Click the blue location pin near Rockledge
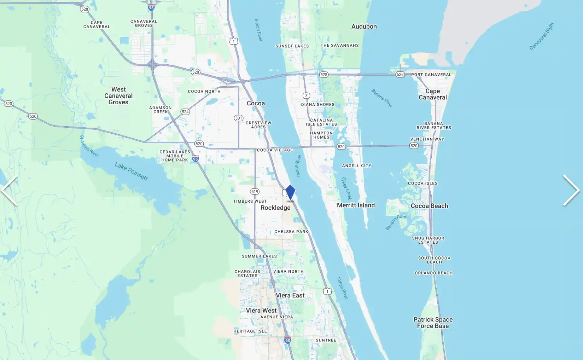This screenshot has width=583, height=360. click(x=290, y=192)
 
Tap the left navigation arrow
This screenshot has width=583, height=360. click(x=9, y=191)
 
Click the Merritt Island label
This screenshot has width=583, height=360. click(x=356, y=205)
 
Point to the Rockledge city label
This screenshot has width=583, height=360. click(x=275, y=208)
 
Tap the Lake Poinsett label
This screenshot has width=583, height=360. click(x=131, y=172)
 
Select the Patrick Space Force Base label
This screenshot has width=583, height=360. click(x=433, y=323)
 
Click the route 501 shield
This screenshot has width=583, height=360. click(x=239, y=118)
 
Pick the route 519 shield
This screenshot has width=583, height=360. click(x=255, y=191)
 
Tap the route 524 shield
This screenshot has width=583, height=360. click(x=185, y=112)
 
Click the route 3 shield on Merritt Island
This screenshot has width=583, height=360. click(x=306, y=95)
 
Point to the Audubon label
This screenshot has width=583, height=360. click(x=364, y=27)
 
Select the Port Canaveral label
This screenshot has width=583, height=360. click(x=431, y=75)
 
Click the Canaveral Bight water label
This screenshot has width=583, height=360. click(x=542, y=36)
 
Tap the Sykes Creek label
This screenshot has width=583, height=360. click(x=346, y=188)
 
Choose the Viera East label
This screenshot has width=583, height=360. click(x=290, y=295)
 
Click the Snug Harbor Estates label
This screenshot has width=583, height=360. click(x=428, y=240)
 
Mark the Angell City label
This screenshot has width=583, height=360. click(x=356, y=166)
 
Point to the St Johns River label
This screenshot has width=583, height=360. click(x=89, y=146)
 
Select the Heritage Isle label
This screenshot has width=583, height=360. click(x=250, y=331)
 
